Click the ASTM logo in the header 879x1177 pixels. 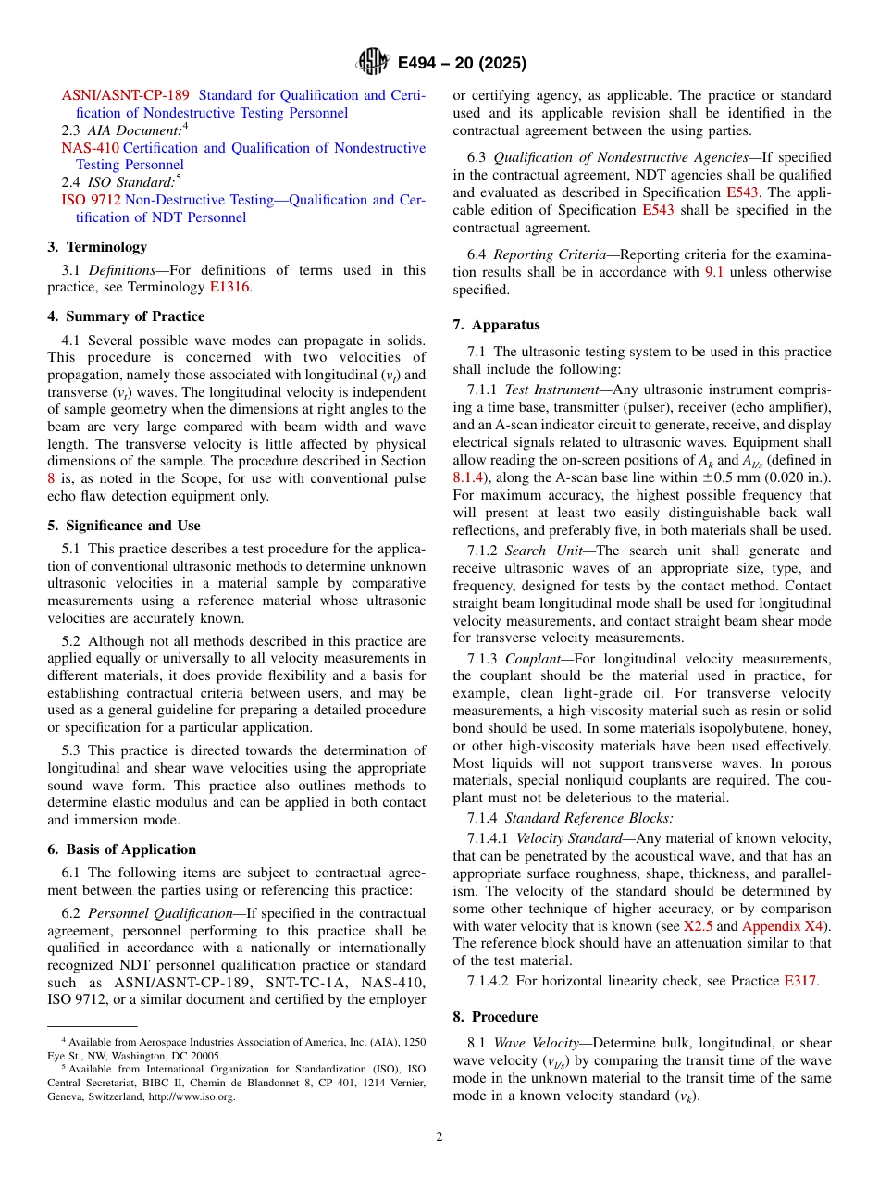tap(372, 63)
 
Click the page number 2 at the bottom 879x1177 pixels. tap(439, 1137)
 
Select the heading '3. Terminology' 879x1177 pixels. tap(97, 247)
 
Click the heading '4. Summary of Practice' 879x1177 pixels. tap(126, 316)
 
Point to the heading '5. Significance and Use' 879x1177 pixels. tap(124, 526)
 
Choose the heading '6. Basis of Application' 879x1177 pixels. tap(122, 849)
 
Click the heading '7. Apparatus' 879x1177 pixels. tap(496, 325)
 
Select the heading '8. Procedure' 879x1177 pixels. tap(495, 1017)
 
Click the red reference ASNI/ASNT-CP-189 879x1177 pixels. tap(126, 95)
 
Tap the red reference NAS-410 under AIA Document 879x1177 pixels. tap(90, 148)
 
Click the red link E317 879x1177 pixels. tap(799, 981)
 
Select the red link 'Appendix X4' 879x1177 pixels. tap(785, 926)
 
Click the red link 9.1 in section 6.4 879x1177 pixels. tap(714, 272)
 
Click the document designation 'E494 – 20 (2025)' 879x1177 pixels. tap(462, 63)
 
